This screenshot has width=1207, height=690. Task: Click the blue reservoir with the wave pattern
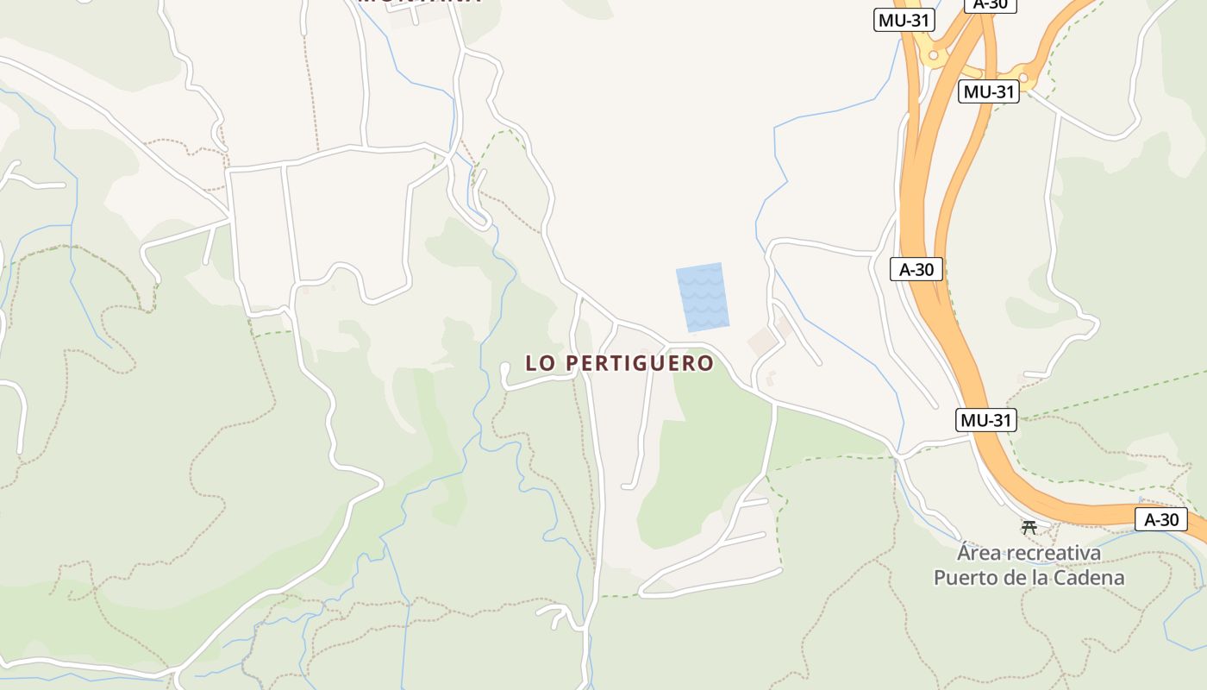[x=703, y=298]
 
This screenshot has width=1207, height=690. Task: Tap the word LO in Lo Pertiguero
[x=543, y=364]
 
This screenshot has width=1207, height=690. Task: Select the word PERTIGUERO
[x=641, y=364]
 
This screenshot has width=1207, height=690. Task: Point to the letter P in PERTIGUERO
[x=573, y=364]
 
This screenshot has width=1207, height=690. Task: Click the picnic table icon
[x=1029, y=526]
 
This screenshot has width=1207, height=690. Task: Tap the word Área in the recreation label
[x=979, y=552]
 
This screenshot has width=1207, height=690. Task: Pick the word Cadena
[x=1092, y=577]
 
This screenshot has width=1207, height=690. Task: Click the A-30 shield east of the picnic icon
[x=1160, y=519]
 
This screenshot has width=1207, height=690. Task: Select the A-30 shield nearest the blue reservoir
[x=916, y=269]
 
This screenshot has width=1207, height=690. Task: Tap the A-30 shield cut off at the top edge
[x=990, y=4]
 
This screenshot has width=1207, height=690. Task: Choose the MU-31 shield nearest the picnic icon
[x=986, y=420]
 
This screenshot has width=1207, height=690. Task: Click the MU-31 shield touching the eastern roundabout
[x=988, y=91]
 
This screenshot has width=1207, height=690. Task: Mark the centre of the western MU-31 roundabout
[x=933, y=55]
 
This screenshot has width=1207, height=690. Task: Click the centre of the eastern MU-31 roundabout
[x=1023, y=78]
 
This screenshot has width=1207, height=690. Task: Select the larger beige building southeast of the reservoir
[x=762, y=342]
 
